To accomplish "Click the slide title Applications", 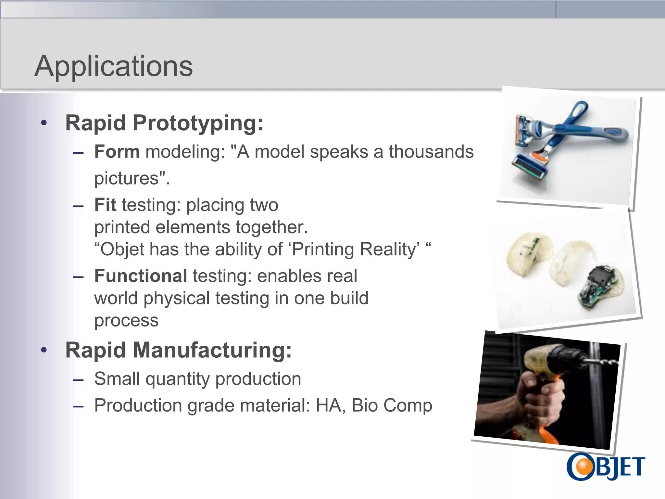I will (x=114, y=66).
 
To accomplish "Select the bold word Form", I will (x=117, y=152).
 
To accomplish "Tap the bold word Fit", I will (x=105, y=205).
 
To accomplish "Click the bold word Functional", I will (x=141, y=276).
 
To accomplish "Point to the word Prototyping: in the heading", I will (x=198, y=123).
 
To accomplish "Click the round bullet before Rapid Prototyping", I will (x=44, y=123).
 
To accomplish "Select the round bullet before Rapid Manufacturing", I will (x=44, y=350).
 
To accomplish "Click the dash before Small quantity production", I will (x=79, y=379).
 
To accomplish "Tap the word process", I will (x=126, y=321).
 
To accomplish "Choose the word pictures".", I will (x=132, y=178).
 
